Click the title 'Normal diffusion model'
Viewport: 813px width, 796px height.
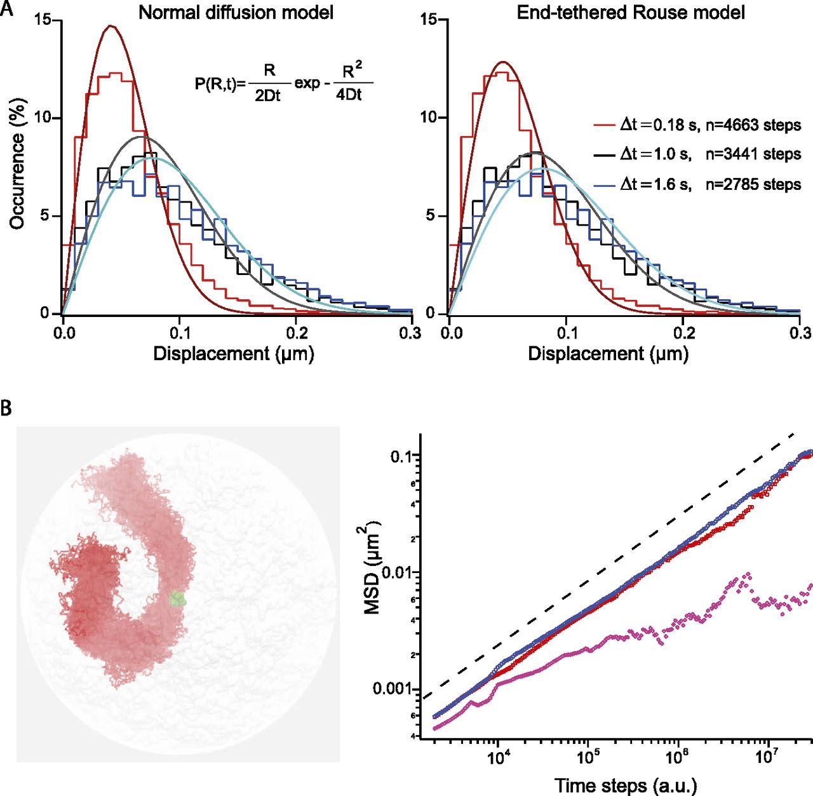click(236, 13)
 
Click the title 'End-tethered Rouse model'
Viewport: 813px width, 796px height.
click(630, 13)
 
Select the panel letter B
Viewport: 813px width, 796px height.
click(6, 407)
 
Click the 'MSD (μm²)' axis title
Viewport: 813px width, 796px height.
click(373, 567)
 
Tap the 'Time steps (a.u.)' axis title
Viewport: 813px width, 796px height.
click(626, 785)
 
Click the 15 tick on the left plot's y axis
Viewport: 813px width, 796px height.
click(43, 20)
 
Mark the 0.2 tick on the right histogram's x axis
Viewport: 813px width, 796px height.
click(684, 332)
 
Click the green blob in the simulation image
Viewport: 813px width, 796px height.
click(177, 598)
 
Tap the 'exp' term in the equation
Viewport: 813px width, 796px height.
click(307, 83)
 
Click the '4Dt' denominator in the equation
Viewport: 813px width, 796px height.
click(349, 96)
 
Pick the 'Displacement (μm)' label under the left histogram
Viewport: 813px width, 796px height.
click(234, 354)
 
